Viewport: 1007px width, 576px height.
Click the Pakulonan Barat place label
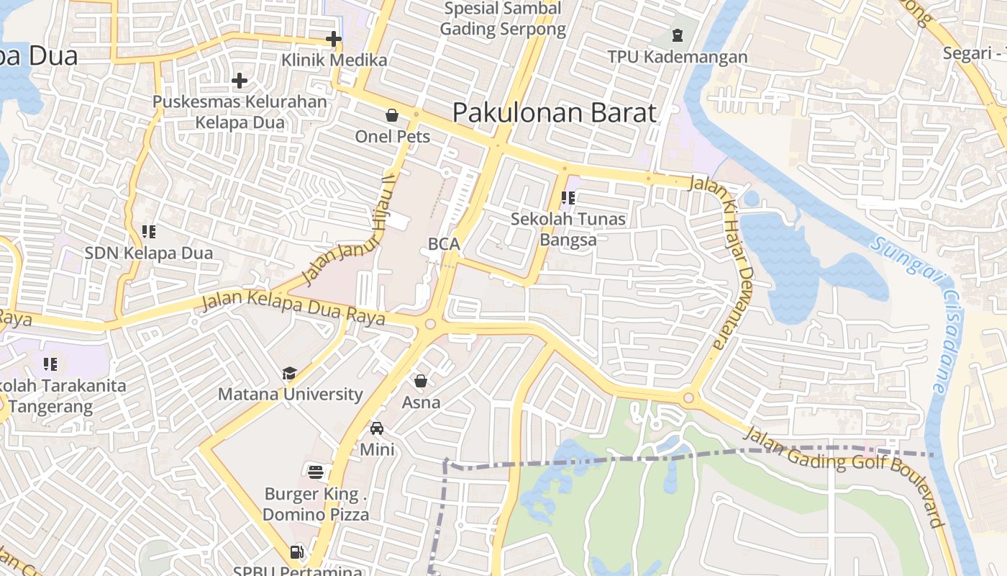point(555,113)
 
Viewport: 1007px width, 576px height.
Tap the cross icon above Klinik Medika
point(333,39)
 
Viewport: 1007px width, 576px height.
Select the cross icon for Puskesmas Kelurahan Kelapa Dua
point(240,81)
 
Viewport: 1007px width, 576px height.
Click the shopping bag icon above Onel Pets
point(392,115)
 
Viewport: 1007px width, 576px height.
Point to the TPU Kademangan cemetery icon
point(677,35)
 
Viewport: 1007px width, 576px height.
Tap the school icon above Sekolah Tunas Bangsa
point(568,197)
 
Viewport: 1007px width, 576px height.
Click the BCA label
point(444,244)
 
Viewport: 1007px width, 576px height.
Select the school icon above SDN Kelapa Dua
point(149,232)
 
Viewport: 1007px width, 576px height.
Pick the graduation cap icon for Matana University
point(289,373)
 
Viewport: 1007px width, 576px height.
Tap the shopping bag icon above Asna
point(421,381)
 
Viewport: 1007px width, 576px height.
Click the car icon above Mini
point(377,428)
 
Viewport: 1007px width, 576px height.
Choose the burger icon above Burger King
point(316,472)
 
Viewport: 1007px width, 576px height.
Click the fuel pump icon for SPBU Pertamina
point(296,553)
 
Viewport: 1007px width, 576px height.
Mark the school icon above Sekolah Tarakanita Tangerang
point(50,364)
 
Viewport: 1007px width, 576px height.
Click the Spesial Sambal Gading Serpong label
point(503,19)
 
